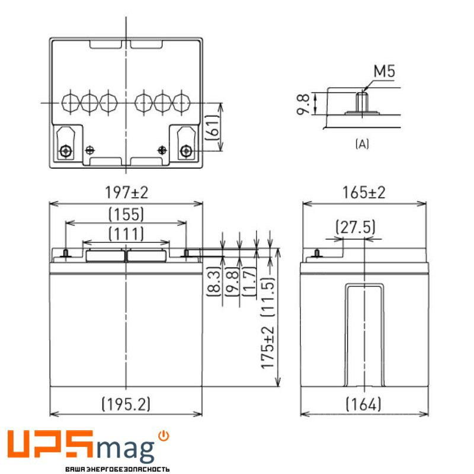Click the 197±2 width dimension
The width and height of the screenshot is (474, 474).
click(x=126, y=192)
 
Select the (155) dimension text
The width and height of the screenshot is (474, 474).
click(x=126, y=213)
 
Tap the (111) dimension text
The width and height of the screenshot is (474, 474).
click(x=126, y=233)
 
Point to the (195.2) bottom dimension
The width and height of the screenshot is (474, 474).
click(x=126, y=404)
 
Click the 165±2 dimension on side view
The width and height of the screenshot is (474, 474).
click(x=364, y=192)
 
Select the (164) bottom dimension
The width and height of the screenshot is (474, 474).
click(x=363, y=404)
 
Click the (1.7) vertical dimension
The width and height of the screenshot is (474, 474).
click(x=250, y=283)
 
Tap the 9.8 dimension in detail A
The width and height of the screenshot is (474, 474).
click(x=303, y=103)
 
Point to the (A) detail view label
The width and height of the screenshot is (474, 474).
click(x=361, y=143)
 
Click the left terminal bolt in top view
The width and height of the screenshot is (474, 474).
click(x=65, y=150)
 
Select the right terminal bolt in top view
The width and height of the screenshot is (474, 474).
click(x=186, y=150)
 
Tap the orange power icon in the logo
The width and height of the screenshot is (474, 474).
click(x=164, y=436)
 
